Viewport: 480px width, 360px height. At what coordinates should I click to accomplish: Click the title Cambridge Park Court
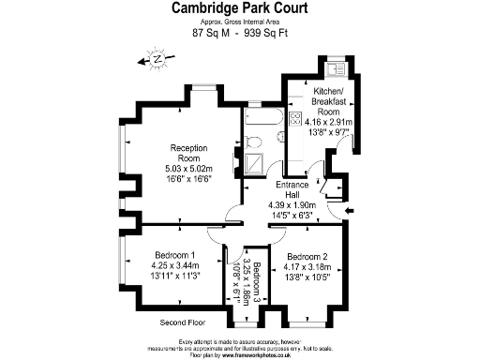(240, 8)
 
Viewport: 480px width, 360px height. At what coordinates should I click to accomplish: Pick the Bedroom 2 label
(307, 257)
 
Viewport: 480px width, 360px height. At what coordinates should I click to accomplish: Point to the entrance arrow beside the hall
(349, 212)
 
